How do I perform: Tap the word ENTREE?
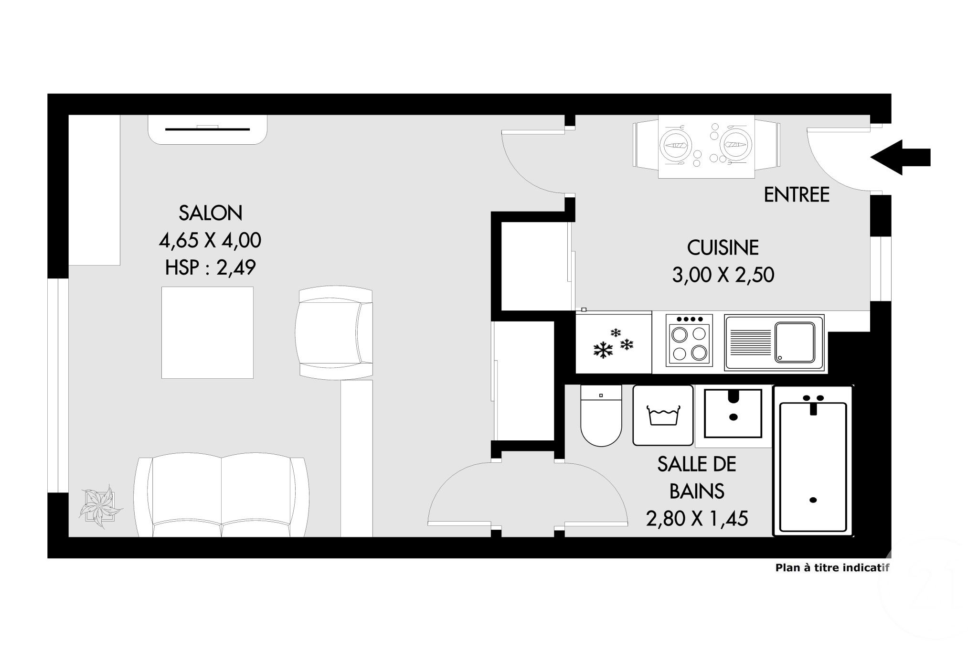tap(797, 195)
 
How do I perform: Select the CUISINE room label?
tap(723, 247)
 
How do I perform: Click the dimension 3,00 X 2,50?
tap(723, 275)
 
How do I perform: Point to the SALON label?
tap(211, 213)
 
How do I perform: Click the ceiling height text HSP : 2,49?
tap(211, 267)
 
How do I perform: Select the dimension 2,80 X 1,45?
tap(696, 518)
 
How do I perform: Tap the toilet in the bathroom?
tap(601, 416)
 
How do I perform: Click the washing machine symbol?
tap(663, 416)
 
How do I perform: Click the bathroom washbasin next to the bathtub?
tap(733, 414)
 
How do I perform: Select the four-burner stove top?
tap(689, 340)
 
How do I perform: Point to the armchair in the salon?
tap(334, 333)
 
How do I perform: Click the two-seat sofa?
tap(222, 497)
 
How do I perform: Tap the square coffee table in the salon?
tap(207, 332)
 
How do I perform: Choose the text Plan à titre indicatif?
tap(832, 568)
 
